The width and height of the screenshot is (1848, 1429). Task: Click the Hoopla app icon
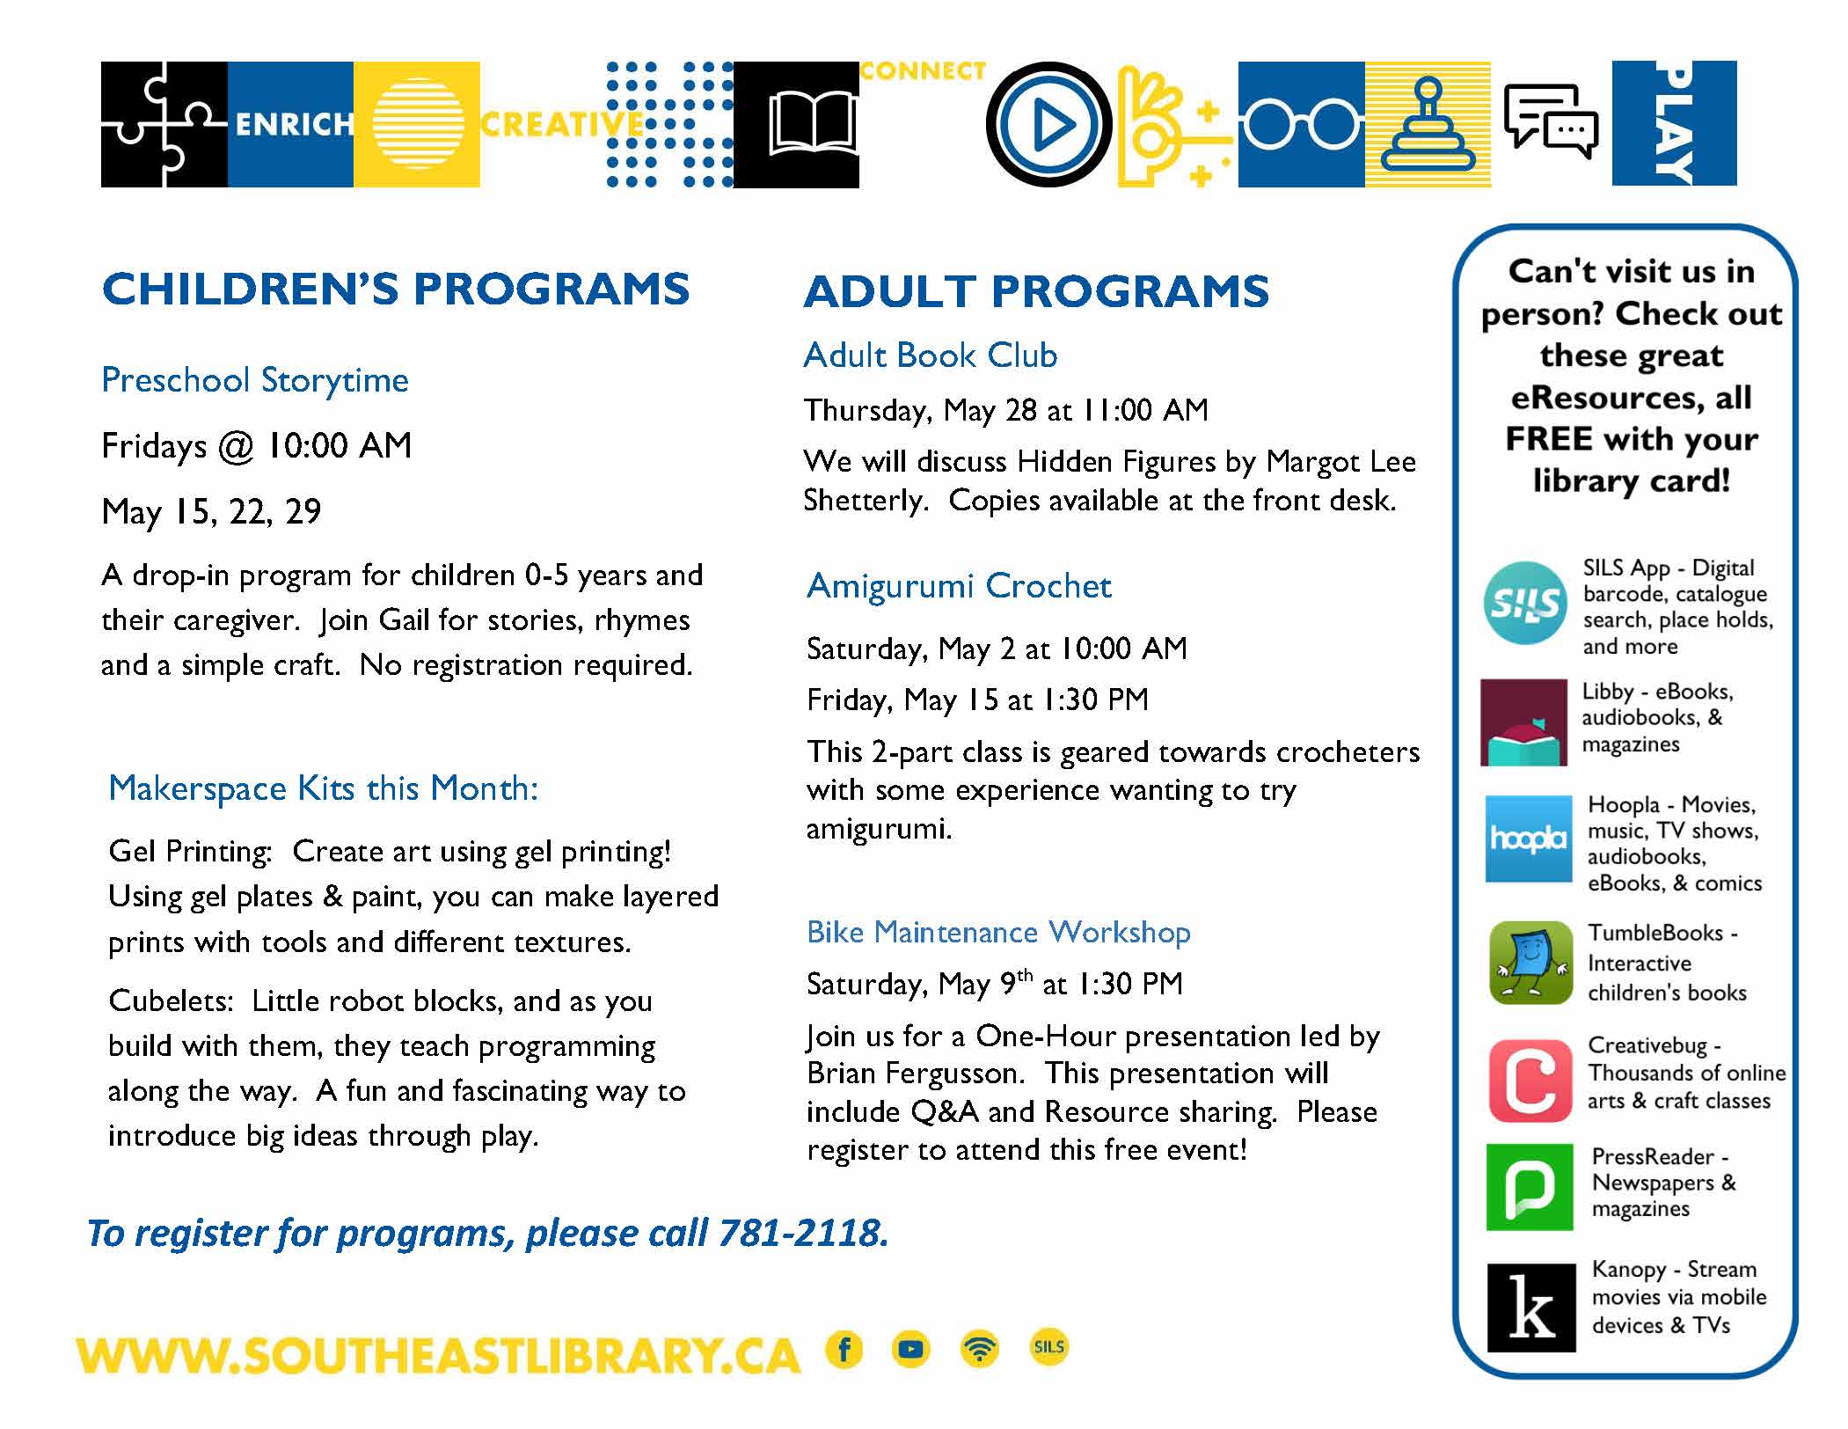(1528, 839)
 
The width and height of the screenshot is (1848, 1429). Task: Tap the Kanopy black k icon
(1530, 1308)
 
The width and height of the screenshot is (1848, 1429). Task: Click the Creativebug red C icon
(1530, 1080)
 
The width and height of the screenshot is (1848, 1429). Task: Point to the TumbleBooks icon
(1530, 963)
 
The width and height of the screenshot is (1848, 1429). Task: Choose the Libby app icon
(1523, 722)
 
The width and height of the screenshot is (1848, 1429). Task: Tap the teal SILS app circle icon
(1525, 604)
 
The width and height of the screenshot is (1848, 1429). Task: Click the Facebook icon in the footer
(844, 1349)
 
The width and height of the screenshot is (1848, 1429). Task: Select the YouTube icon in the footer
(911, 1349)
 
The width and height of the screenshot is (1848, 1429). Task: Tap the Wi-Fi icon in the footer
(980, 1349)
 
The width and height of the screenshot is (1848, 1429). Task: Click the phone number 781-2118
(802, 1233)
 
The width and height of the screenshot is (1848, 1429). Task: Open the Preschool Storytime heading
(255, 380)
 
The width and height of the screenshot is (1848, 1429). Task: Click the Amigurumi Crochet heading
(959, 586)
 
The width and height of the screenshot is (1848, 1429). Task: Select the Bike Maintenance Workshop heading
(998, 932)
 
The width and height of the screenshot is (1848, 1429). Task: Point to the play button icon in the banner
(1048, 125)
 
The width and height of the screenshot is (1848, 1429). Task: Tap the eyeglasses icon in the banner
(1301, 125)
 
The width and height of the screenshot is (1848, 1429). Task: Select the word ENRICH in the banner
(294, 125)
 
